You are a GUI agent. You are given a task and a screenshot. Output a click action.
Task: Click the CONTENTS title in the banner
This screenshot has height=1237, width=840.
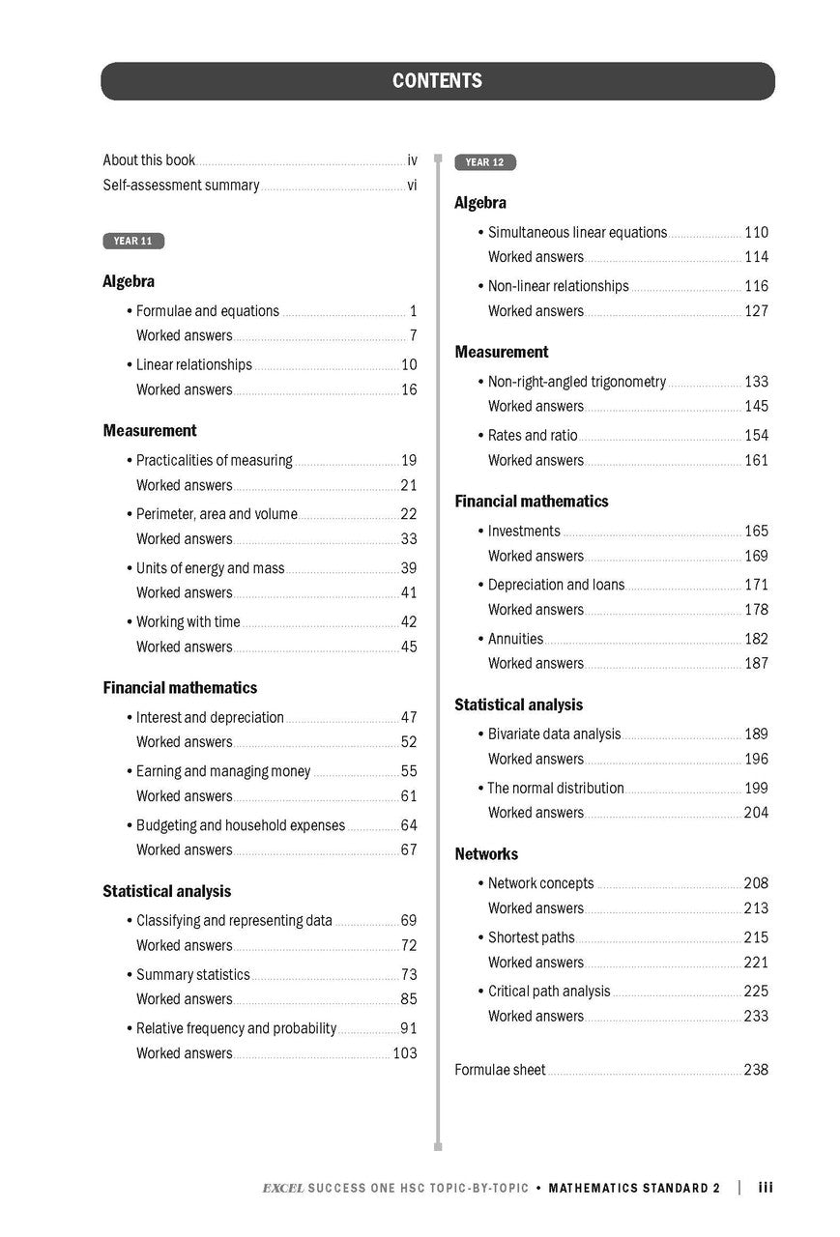(x=437, y=81)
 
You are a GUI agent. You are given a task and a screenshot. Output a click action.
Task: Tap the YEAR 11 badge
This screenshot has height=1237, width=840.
(x=133, y=242)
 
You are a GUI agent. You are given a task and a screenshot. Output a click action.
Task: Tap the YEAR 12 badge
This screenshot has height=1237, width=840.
(x=485, y=162)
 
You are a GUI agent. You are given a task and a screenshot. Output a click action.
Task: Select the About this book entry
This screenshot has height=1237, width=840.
(x=149, y=160)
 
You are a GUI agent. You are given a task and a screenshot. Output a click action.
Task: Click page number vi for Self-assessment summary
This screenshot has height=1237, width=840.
(x=412, y=185)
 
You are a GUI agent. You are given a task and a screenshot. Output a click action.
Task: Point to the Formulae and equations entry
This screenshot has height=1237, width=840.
(x=207, y=311)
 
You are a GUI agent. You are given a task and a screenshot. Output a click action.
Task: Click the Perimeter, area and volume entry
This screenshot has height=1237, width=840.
(x=217, y=514)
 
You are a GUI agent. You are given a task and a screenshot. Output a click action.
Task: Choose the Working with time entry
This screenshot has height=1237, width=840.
(x=188, y=622)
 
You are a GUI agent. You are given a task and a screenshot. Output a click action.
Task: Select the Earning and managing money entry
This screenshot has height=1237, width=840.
(x=223, y=771)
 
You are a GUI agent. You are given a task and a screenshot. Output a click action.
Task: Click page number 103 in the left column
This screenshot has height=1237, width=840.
(x=405, y=1053)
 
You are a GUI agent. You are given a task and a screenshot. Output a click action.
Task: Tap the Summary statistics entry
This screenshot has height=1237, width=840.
(x=192, y=975)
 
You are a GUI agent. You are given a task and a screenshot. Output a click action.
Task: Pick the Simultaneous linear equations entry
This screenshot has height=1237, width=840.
(x=577, y=233)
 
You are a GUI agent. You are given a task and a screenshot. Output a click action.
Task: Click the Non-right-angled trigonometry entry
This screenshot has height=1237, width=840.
(x=576, y=382)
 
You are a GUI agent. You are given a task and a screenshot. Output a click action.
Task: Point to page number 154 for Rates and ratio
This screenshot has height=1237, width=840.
(x=756, y=436)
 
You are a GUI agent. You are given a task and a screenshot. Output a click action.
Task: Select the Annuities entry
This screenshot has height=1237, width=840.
(x=515, y=639)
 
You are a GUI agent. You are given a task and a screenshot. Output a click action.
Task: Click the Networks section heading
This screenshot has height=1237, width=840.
(x=486, y=854)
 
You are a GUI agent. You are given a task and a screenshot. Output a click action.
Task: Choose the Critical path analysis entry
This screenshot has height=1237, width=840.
(x=549, y=992)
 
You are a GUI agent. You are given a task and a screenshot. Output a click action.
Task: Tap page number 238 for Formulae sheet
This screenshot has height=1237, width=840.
(x=756, y=1070)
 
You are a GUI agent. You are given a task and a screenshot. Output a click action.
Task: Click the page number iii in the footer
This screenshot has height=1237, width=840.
(x=766, y=1188)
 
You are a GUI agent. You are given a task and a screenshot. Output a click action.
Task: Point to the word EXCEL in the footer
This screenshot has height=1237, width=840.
(x=282, y=1189)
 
